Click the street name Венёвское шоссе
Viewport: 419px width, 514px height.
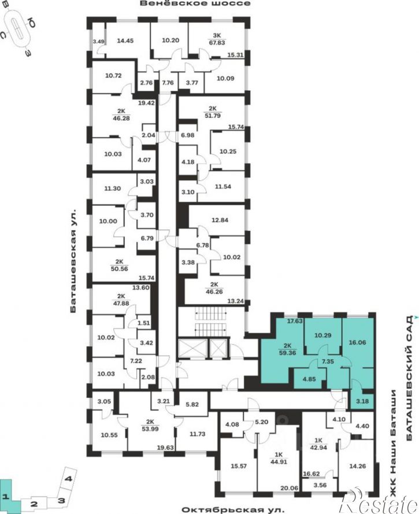195,3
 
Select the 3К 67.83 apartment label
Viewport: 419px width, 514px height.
217,39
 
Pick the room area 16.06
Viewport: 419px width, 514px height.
357,342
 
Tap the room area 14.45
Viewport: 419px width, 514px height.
125,41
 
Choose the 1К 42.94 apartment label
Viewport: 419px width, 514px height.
318,444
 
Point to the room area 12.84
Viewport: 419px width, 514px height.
220,220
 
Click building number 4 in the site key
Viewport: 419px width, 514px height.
69,479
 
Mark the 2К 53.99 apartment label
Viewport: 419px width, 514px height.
150,425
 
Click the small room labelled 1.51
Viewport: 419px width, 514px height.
143,323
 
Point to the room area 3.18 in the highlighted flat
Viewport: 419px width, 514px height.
362,401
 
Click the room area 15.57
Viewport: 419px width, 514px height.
239,466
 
